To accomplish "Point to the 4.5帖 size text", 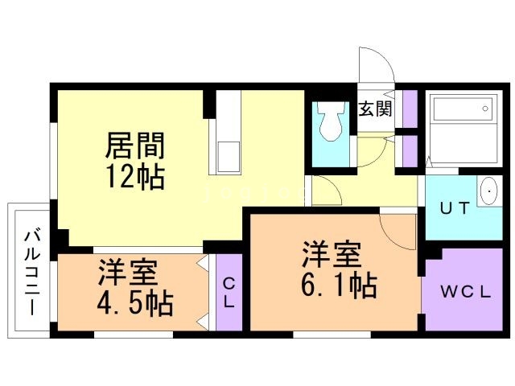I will [x=135, y=304].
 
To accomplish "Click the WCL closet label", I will [x=465, y=292].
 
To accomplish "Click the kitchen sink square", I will [x=227, y=155].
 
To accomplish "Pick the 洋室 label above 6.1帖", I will [x=330, y=255].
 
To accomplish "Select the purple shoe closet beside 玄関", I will [x=409, y=106].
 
